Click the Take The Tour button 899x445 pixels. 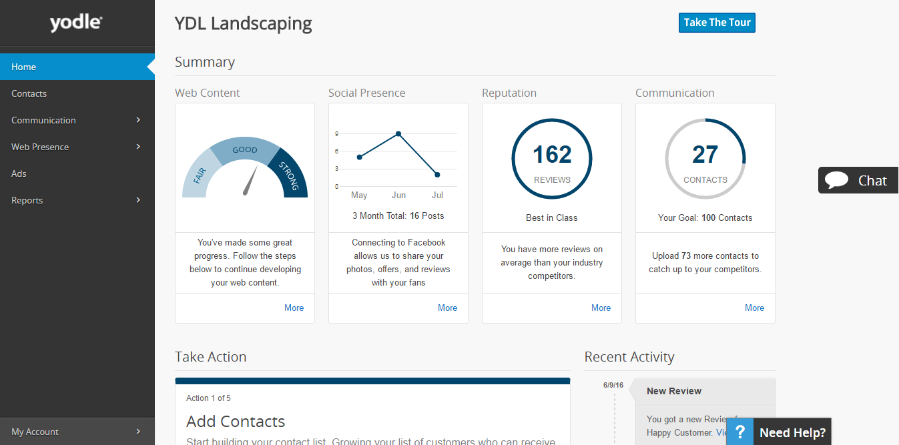pyautogui.click(x=717, y=23)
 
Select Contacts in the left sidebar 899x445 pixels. pyautogui.click(x=29, y=93)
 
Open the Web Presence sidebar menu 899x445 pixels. pyautogui.click(x=40, y=147)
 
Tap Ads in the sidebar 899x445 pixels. pyautogui.click(x=19, y=173)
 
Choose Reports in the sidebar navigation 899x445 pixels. pyautogui.click(x=27, y=200)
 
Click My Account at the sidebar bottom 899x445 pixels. pyautogui.click(x=35, y=432)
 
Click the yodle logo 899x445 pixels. pyautogui.click(x=75, y=23)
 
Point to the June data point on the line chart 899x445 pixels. pyautogui.click(x=398, y=133)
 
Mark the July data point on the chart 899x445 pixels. pyautogui.click(x=437, y=175)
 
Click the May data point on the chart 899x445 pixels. pyautogui.click(x=359, y=157)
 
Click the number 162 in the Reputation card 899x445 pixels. pyautogui.click(x=552, y=155)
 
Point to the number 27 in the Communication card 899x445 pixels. pyautogui.click(x=705, y=155)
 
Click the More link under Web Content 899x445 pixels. pyautogui.click(x=294, y=308)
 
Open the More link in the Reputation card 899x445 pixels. pyautogui.click(x=601, y=308)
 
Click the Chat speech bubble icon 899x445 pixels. pyautogui.click(x=836, y=180)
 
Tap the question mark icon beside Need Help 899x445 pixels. pyautogui.click(x=739, y=432)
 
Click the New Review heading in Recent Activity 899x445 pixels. pyautogui.click(x=674, y=391)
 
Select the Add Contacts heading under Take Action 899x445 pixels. pyautogui.click(x=236, y=422)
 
